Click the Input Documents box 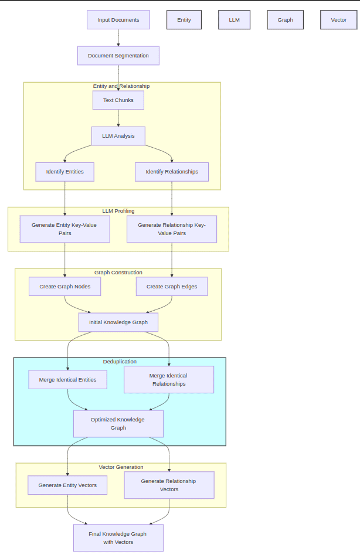[118, 20]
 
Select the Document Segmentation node [118, 56]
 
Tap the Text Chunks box [118, 100]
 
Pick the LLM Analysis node [118, 136]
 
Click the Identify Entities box [64, 172]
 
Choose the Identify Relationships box [172, 172]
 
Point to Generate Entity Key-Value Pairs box [64, 229]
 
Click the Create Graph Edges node [172, 287]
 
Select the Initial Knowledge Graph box [118, 322]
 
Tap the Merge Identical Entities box [68, 380]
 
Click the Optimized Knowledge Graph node [118, 424]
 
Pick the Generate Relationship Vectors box [169, 485]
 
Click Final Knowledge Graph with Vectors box [118, 538]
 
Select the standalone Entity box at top [184, 20]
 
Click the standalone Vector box [339, 20]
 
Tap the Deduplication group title [120, 362]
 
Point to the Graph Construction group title [118, 273]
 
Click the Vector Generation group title [121, 467]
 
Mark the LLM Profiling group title [118, 211]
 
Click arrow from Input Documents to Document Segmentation [118, 38]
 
